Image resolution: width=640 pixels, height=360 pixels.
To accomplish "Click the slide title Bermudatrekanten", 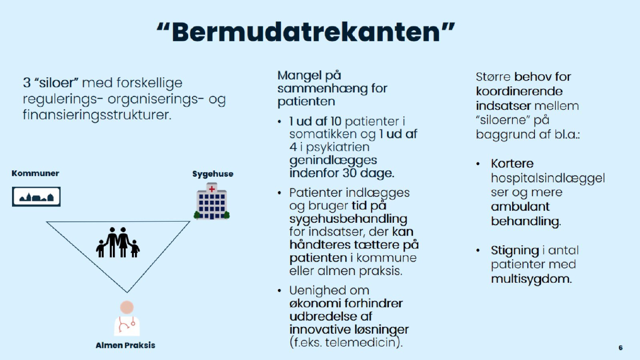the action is click(x=306, y=32).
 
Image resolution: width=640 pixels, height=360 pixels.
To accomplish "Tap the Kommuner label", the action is click(x=36, y=173).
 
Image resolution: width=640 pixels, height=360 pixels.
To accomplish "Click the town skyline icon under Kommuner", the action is click(x=36, y=197).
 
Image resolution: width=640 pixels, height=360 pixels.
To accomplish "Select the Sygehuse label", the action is click(x=213, y=174).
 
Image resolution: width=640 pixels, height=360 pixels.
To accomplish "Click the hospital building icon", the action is click(x=212, y=201).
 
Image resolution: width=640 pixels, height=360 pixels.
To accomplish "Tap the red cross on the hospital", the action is click(x=212, y=189).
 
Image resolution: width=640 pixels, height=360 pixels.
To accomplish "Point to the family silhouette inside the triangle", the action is click(x=118, y=242).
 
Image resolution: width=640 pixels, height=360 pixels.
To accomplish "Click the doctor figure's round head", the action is click(x=127, y=307).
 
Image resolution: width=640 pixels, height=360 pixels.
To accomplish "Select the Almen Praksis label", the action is click(x=125, y=345).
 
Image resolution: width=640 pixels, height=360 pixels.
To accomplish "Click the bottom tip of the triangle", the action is click(x=127, y=292).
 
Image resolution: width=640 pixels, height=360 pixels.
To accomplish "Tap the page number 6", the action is click(x=621, y=348).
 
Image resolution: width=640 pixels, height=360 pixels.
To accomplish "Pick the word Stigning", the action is click(x=515, y=251).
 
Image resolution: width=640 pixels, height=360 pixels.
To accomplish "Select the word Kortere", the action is click(x=512, y=163).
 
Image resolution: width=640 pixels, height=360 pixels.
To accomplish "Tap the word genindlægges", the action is click(x=333, y=160).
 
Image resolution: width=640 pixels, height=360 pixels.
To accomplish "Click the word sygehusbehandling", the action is click(x=348, y=219).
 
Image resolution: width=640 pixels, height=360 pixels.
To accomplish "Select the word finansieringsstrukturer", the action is click(x=97, y=115).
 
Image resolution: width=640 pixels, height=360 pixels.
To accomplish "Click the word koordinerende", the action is click(x=519, y=91).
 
